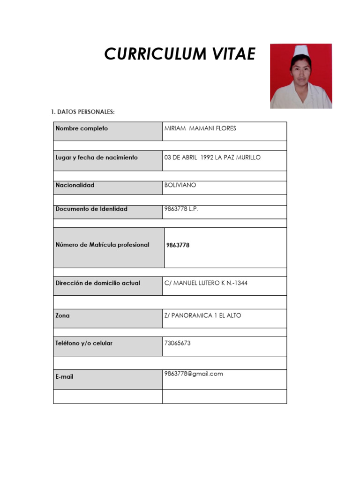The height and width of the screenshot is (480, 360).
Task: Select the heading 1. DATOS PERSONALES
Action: pos(82,112)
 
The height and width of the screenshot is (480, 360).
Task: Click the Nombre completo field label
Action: pos(82,128)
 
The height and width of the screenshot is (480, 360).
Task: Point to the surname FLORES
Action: pos(225,128)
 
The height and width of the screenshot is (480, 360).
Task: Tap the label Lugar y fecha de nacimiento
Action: pos(97,157)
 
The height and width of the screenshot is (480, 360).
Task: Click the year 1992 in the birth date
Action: pos(207,157)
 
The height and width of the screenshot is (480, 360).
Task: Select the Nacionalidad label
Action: pos(75,185)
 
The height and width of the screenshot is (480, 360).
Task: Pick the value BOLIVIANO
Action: pos(180,185)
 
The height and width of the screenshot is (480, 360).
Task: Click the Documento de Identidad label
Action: pos(91,209)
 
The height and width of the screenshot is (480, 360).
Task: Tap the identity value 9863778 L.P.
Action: pos(181,209)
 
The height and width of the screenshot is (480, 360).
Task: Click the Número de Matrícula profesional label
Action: pos(102,245)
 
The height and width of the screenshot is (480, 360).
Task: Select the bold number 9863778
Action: pos(178,245)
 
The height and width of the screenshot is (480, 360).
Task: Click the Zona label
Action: pos(62,315)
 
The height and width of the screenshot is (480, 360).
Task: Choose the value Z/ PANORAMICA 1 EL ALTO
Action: pos(203,315)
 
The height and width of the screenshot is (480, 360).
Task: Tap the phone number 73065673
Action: pos(178,343)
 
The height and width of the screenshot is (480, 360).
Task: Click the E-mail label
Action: pos(64,376)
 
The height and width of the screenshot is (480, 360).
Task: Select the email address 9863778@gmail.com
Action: pos(194,374)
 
